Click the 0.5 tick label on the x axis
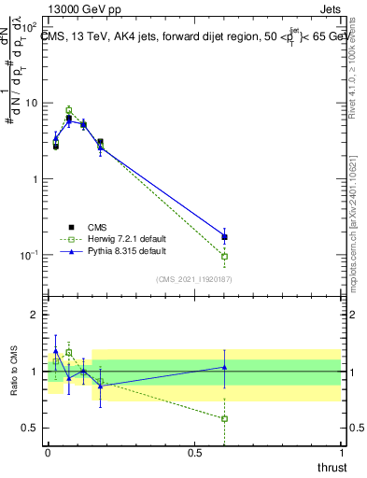click(x=194, y=452)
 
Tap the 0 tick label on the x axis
click(x=48, y=452)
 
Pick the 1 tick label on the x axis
click(x=341, y=452)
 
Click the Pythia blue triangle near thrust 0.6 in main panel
click(x=224, y=236)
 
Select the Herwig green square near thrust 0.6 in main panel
click(x=224, y=256)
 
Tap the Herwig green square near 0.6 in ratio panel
click(x=224, y=418)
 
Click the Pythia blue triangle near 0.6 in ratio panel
click(x=224, y=367)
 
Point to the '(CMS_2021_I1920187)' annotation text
click(x=194, y=278)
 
